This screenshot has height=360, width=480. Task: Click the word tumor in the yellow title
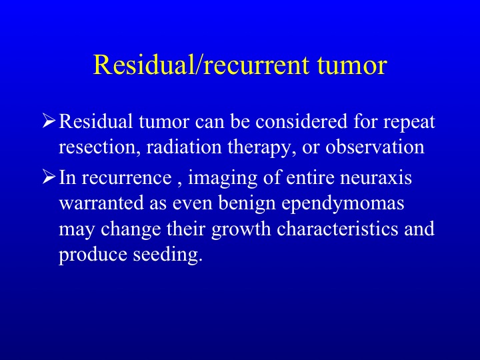(352, 65)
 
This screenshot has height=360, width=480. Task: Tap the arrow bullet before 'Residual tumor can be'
(49, 121)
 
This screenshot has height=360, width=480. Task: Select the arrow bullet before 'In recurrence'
(49, 177)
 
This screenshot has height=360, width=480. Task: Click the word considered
(301, 121)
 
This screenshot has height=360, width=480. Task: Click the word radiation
(184, 147)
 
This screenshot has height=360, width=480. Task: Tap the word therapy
(262, 148)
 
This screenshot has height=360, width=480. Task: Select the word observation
(375, 147)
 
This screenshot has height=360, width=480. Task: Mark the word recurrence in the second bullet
(127, 178)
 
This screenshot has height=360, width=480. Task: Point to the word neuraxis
(376, 177)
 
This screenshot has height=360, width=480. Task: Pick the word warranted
(101, 203)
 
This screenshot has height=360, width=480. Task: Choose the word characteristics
(337, 229)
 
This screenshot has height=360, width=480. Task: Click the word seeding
(168, 255)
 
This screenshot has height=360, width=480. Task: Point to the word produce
(93, 255)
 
